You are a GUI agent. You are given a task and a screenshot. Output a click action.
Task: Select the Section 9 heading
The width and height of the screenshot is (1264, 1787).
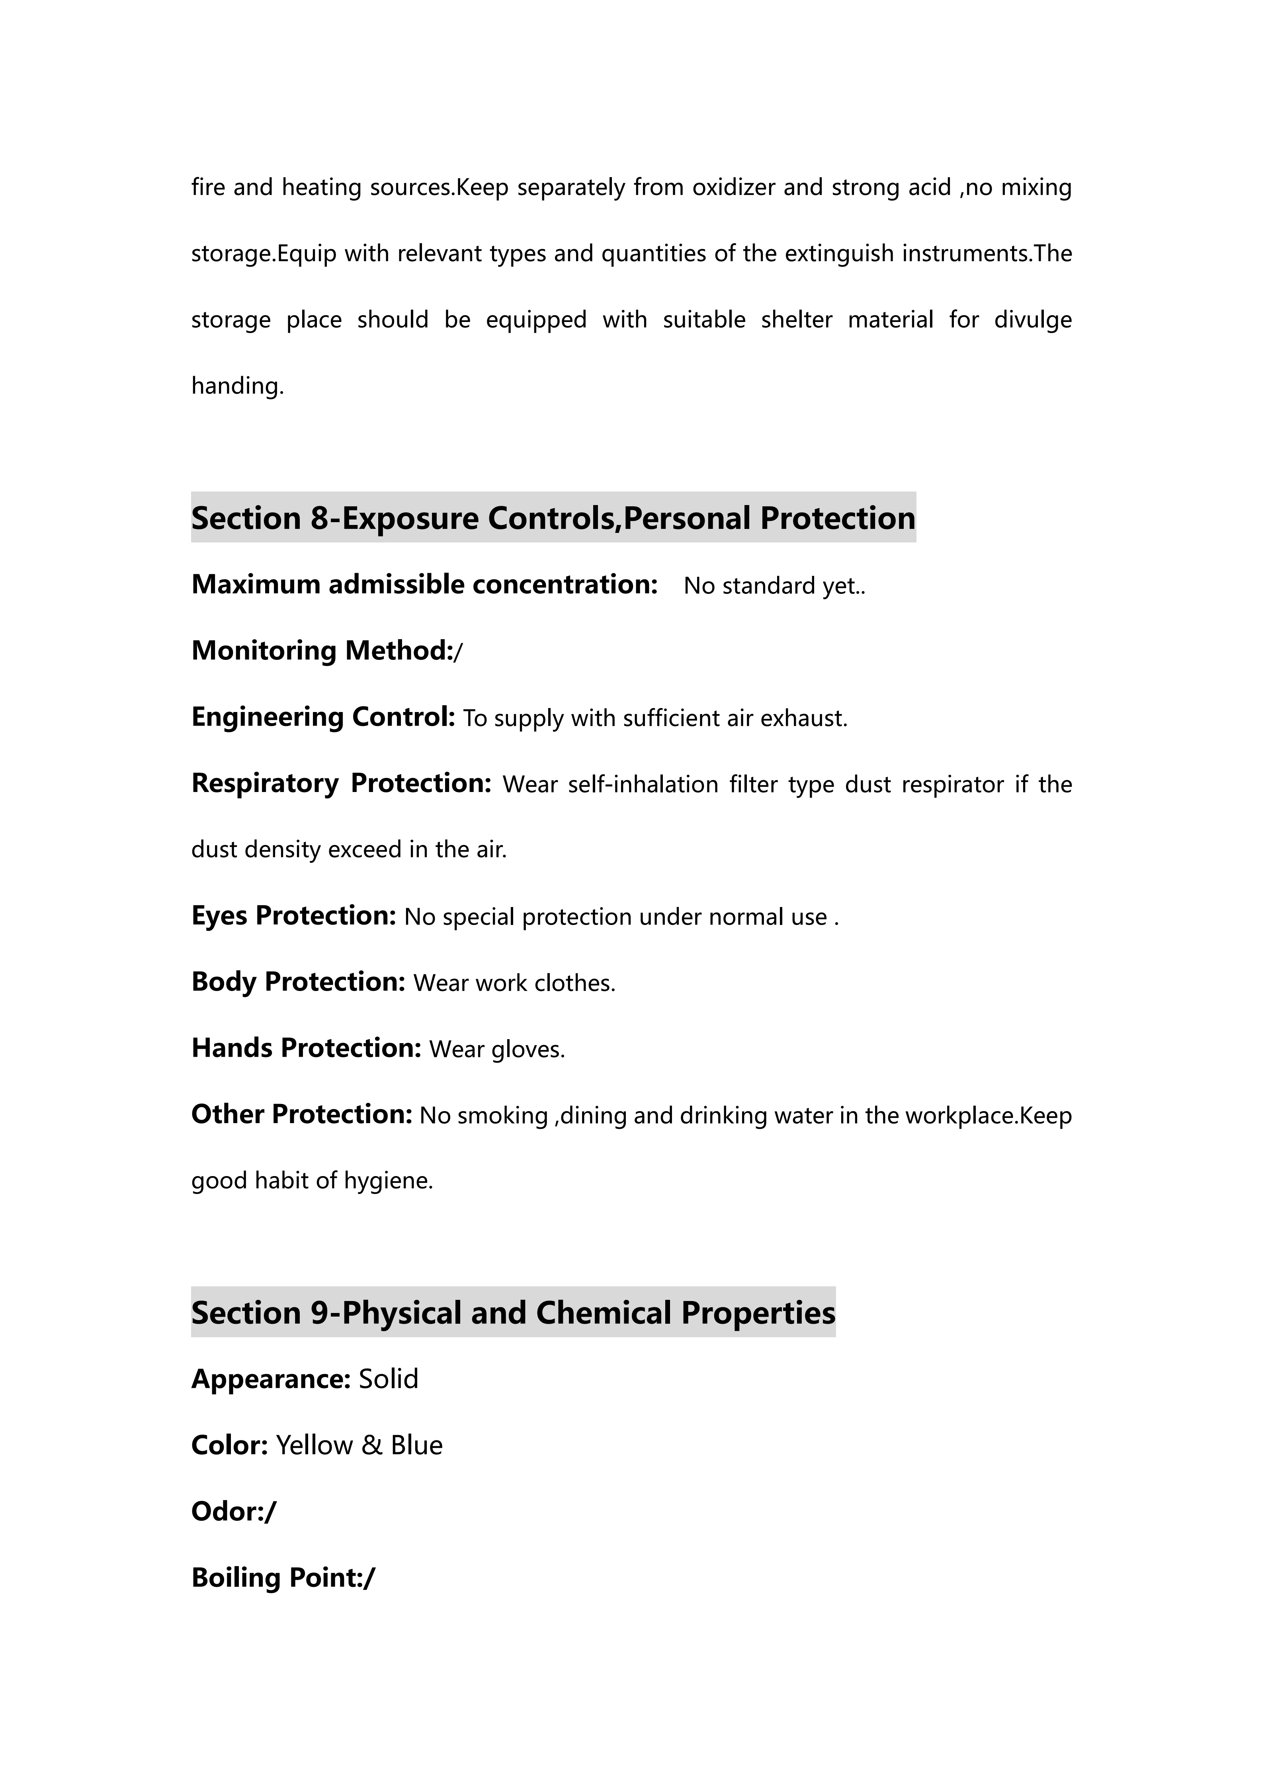513,1313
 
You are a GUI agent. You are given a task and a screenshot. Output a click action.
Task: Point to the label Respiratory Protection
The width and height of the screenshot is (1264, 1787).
341,783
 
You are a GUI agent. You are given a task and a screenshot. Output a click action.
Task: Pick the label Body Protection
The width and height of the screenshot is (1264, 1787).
298,982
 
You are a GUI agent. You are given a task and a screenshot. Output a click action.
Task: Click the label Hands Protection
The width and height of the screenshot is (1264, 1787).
306,1048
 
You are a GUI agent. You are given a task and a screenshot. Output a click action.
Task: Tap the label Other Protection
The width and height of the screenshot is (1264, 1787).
301,1114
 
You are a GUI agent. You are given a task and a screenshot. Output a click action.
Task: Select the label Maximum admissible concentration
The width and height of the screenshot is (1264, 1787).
424,585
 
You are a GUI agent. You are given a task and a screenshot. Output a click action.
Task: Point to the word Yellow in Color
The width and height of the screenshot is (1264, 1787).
315,1446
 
